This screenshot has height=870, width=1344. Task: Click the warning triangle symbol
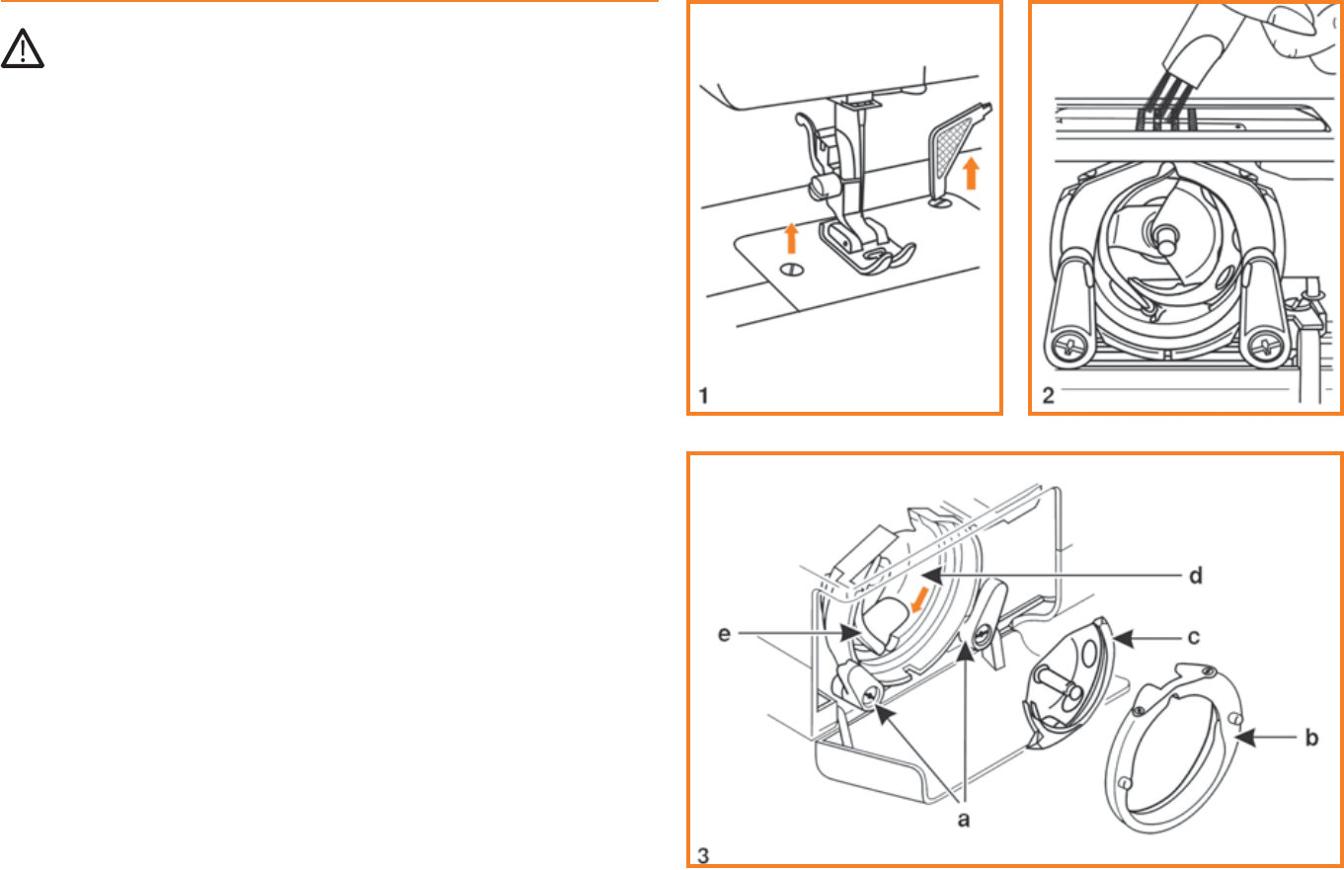(22, 48)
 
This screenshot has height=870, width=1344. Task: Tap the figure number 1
(704, 396)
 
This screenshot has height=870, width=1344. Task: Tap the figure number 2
(1048, 395)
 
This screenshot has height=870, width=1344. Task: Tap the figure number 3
(703, 855)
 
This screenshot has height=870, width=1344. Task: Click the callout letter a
(963, 820)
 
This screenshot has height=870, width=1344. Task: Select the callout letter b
(1311, 737)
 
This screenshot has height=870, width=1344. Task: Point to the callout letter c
(1193, 637)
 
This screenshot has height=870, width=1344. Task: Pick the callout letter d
(1196, 576)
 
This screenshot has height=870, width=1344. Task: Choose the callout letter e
(724, 634)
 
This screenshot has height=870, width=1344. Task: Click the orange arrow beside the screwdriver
(971, 174)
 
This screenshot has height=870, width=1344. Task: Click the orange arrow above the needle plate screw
(791, 238)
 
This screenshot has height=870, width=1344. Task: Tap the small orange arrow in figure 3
(919, 600)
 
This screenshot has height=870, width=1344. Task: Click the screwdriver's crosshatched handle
(951, 147)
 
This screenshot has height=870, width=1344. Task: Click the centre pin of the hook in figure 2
(1165, 239)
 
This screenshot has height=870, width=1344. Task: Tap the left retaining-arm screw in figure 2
(1068, 347)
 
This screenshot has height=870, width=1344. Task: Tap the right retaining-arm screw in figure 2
(1265, 347)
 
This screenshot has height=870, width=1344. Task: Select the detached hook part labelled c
(1068, 684)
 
